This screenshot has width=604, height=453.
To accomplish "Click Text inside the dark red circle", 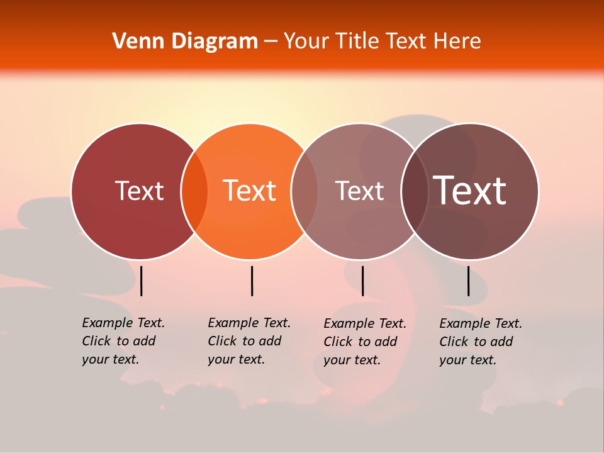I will point(139,191).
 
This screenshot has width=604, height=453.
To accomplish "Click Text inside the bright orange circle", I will point(249,191).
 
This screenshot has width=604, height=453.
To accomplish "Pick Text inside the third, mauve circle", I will point(359,191).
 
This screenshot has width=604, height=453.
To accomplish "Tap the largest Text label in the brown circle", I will point(469,191).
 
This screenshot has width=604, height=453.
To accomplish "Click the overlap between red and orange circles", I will point(194,191).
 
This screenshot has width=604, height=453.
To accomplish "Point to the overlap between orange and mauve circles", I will point(305,191).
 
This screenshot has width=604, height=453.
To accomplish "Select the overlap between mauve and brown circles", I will point(415,191).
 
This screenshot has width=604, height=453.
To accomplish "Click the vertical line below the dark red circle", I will point(142,281).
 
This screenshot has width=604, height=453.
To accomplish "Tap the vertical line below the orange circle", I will point(252,281).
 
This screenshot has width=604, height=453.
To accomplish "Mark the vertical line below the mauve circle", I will point(362,281).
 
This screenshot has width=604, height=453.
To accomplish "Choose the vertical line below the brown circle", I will point(469,281).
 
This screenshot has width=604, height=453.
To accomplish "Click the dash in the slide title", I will point(271,42).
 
